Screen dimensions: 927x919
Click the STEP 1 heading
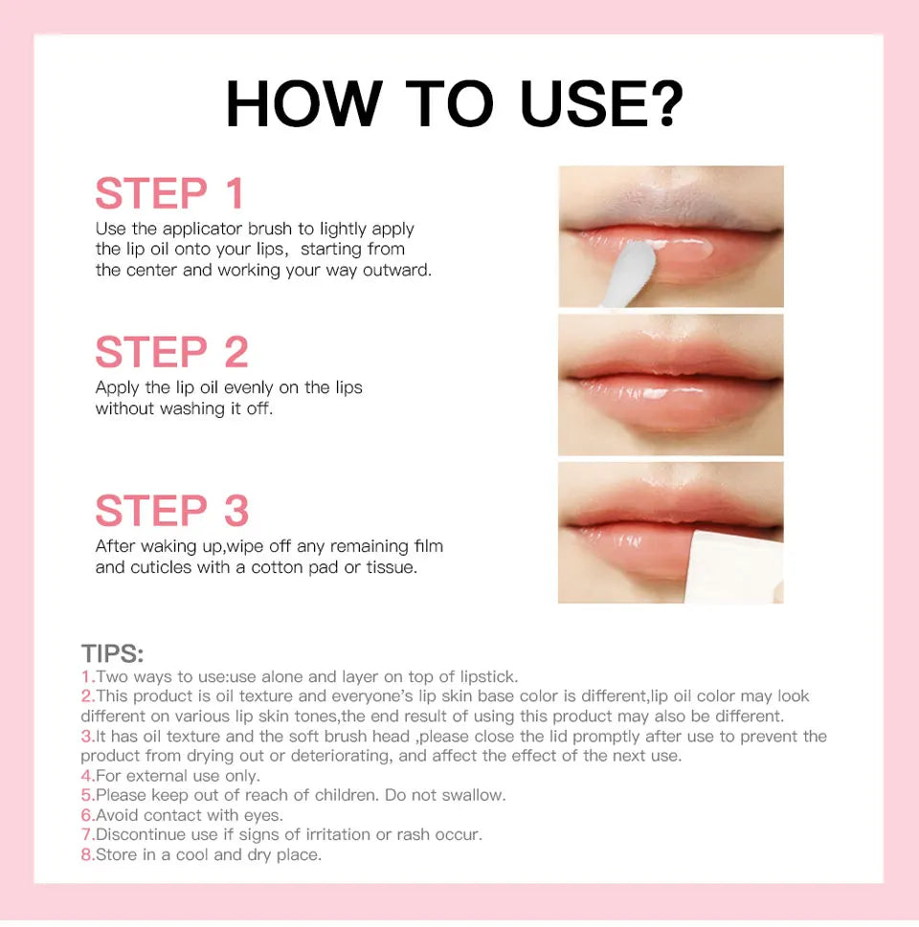tap(170, 194)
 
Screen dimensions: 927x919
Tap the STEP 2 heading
tap(172, 352)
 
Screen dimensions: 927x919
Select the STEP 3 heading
tap(172, 511)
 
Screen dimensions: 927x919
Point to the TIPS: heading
tap(112, 654)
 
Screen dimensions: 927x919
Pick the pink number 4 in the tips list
tap(86, 776)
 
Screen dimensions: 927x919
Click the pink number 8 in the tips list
tap(86, 854)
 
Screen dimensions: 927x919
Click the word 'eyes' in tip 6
tap(264, 815)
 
